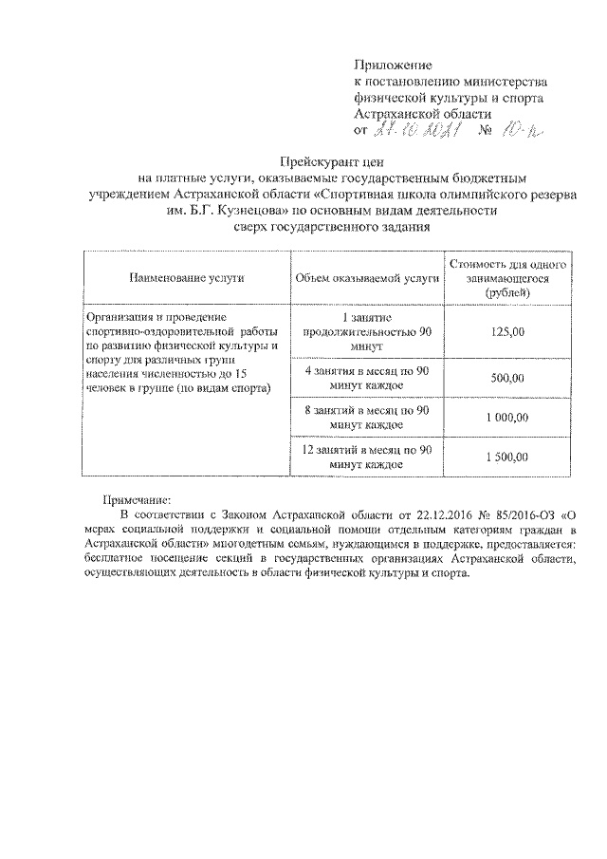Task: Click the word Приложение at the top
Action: [392, 65]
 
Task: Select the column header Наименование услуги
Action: [181, 277]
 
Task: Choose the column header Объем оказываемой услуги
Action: [367, 277]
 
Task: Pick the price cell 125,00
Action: [507, 331]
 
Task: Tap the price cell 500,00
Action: [507, 378]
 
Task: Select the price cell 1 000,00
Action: [507, 418]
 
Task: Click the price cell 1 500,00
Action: [507, 458]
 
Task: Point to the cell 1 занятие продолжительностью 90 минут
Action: [367, 331]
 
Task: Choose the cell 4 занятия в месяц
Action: [367, 378]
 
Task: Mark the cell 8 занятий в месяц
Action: [367, 418]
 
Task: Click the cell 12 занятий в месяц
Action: [367, 458]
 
